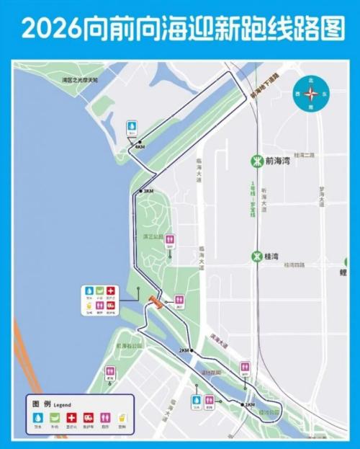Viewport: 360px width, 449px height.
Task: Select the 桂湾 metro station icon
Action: [255, 256]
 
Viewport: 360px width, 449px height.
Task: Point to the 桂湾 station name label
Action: [273, 256]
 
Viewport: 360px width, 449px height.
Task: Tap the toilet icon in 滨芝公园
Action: [170, 239]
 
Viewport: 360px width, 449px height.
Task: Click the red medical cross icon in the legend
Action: [71, 417]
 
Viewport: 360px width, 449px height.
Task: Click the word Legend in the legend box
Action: [63, 405]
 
